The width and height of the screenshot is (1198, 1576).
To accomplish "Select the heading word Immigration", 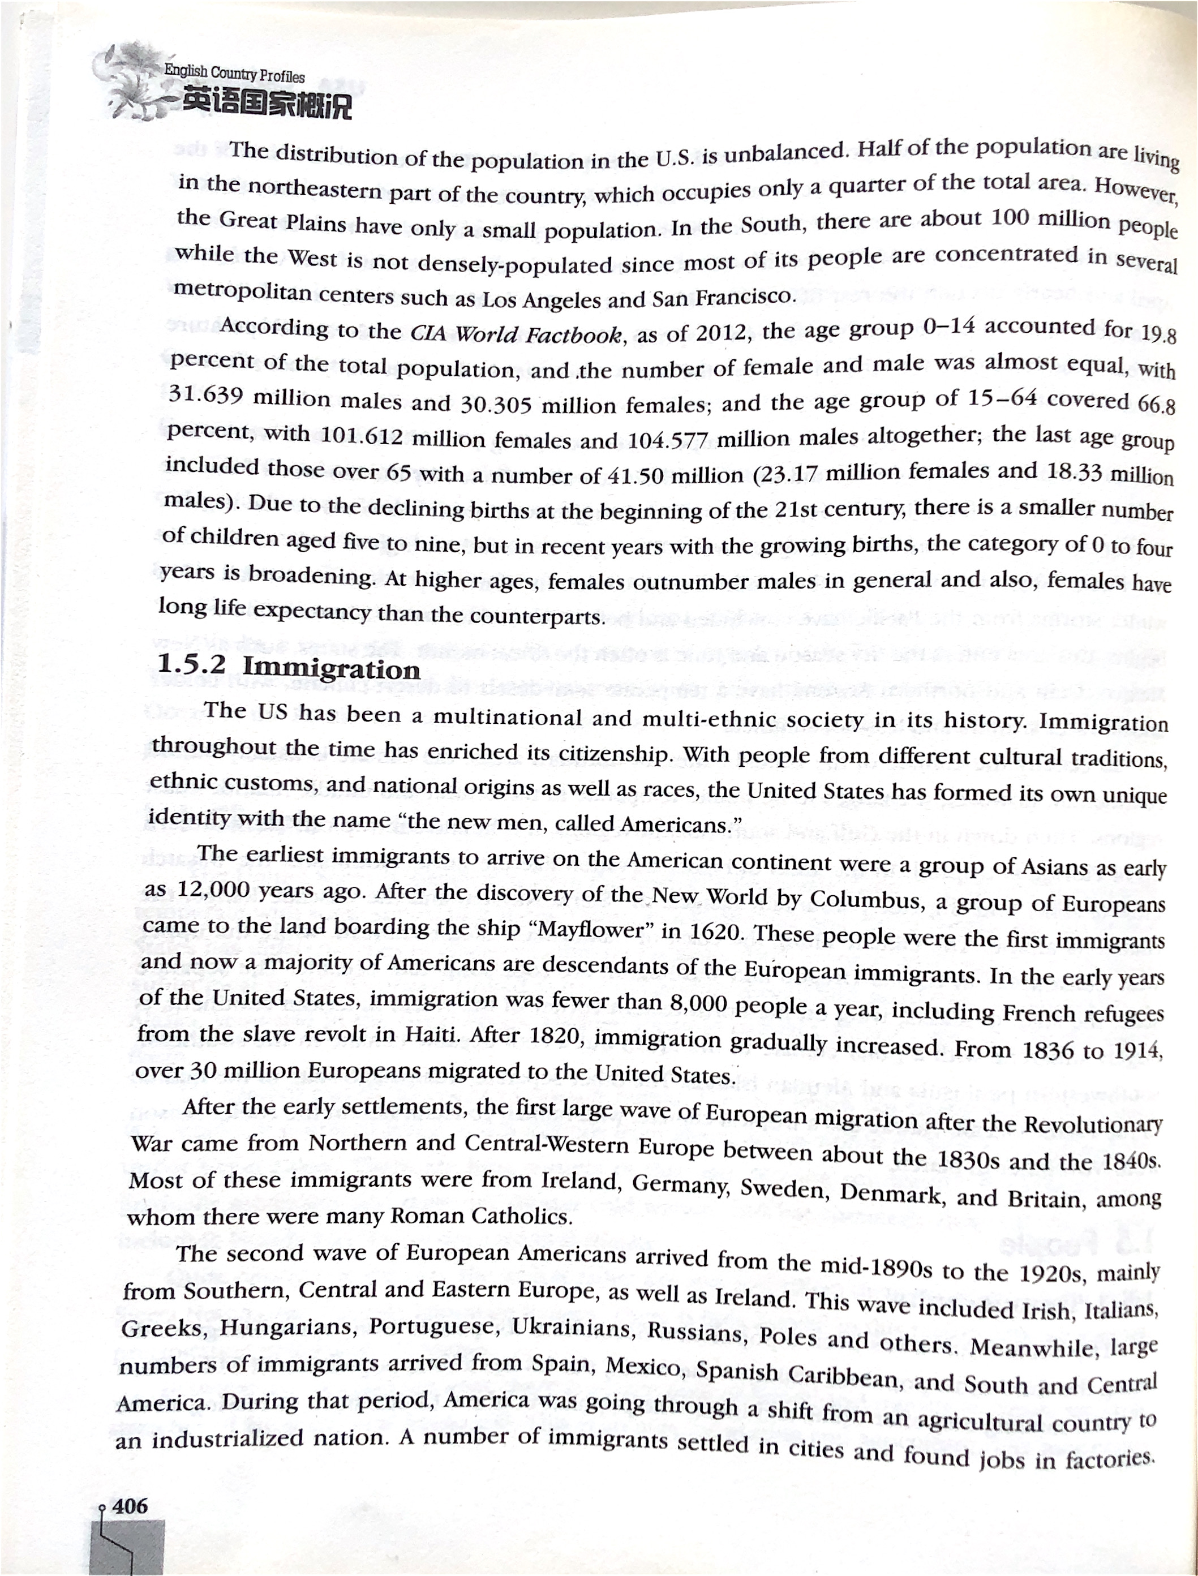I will [x=332, y=668].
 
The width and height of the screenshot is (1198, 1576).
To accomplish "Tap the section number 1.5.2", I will [x=191, y=664].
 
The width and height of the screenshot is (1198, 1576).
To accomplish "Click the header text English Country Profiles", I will [x=234, y=74].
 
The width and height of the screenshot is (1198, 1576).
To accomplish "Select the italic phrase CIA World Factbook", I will [x=516, y=334].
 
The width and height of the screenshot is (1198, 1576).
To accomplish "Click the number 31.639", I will [x=206, y=394].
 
